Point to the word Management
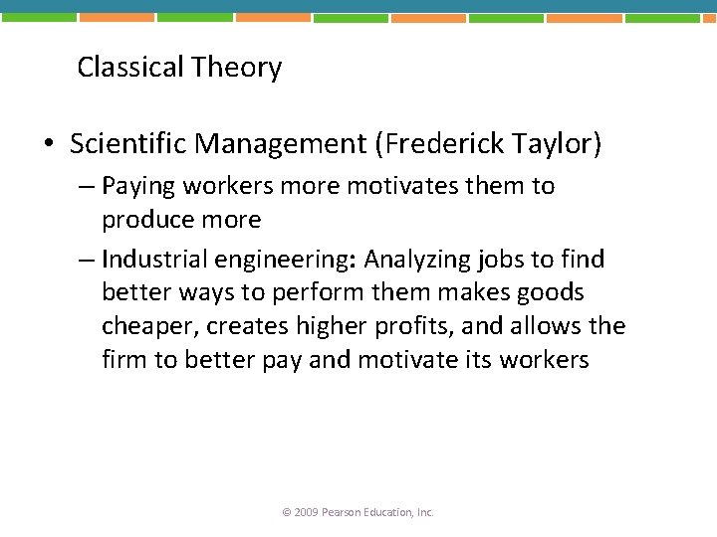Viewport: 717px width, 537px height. (281, 145)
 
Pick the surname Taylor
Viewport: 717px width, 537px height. (559, 145)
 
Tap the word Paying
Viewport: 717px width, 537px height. (136, 186)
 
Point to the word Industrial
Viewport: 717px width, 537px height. (152, 260)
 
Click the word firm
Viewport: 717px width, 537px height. (122, 359)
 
